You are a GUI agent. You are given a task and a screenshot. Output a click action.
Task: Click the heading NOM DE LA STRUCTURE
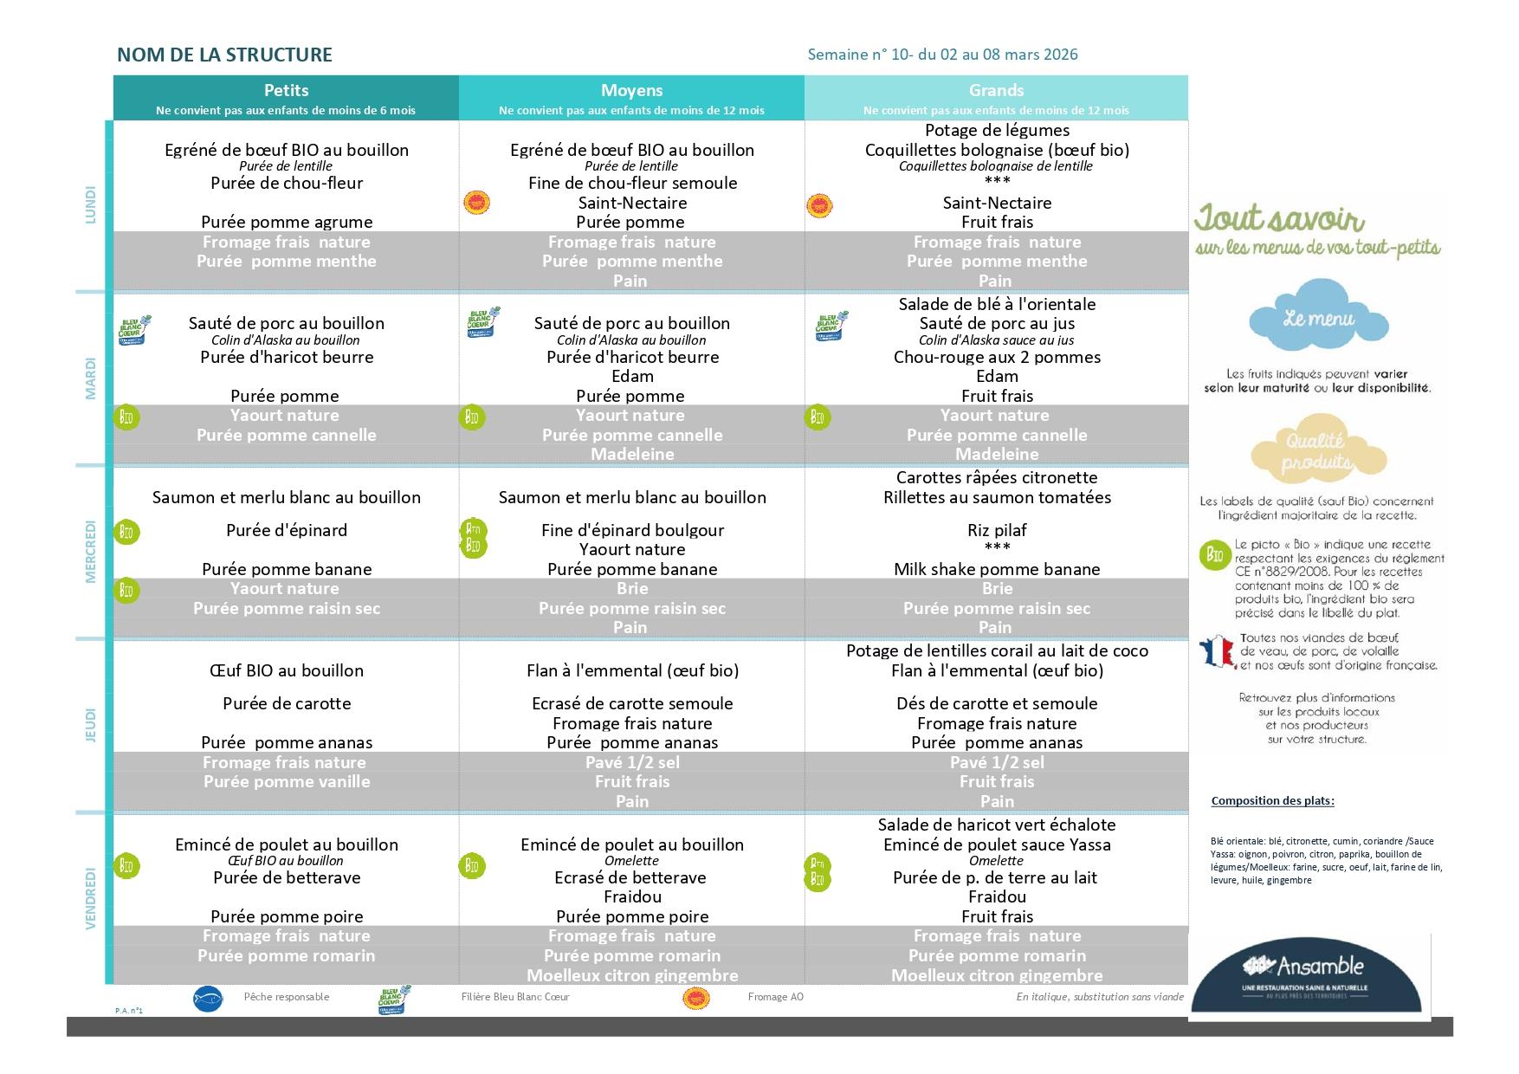coord(224,55)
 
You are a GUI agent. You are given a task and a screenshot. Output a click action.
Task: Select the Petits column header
coord(286,91)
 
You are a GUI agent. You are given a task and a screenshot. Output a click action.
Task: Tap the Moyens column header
coord(631,91)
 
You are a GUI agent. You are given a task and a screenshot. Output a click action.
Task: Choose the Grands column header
coord(996,91)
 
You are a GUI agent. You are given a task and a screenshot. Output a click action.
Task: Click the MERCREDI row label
coord(91,552)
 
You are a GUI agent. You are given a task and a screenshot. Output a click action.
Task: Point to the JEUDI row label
coord(91,725)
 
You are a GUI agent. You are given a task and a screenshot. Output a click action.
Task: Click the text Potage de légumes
coord(997,131)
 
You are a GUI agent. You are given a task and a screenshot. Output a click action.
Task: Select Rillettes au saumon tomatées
coord(997,497)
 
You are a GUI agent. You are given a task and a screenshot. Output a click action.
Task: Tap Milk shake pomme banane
coord(997,569)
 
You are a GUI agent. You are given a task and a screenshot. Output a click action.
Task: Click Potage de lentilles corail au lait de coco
coord(997,650)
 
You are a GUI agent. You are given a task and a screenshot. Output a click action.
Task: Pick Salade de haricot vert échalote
coord(997,825)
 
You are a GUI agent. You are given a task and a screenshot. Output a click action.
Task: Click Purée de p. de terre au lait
coord(995,877)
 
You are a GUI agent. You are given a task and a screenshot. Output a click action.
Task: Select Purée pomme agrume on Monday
coord(287,222)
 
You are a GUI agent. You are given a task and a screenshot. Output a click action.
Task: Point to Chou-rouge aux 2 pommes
coord(997,357)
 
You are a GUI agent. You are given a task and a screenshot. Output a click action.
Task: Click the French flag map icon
coord(1216,652)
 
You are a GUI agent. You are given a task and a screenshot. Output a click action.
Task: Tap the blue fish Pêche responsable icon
coord(208,998)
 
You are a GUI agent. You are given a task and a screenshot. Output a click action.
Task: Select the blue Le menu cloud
coord(1318,316)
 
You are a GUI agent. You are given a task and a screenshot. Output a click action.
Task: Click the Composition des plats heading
coord(1272,800)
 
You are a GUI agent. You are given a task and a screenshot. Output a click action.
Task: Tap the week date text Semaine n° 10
coord(942,55)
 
